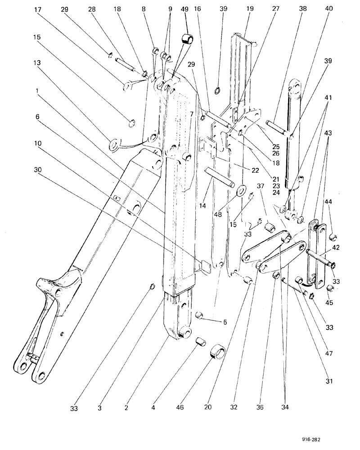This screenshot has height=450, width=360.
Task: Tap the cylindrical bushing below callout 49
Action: tap(187, 39)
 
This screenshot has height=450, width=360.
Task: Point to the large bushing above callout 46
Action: tap(217, 351)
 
